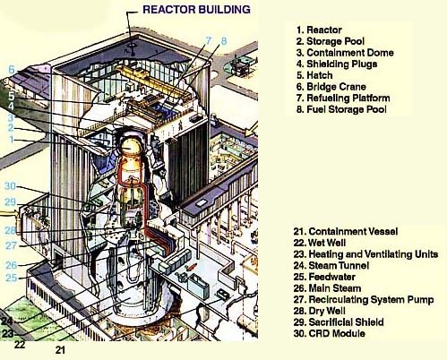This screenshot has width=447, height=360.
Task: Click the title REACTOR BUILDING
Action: pos(196,9)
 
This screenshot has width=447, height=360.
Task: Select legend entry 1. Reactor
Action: pos(319,30)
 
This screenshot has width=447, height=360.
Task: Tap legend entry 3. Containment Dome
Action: pos(345,53)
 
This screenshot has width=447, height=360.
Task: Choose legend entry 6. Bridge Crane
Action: pos(331,87)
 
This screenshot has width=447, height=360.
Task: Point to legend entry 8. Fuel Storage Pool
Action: pos(341,109)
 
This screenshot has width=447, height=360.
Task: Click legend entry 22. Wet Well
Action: pos(320,243)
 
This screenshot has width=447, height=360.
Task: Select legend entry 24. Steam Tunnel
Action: pos(331,265)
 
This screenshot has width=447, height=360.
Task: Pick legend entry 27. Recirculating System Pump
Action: pos(364,299)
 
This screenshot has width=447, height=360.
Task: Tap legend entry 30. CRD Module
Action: pos(329,333)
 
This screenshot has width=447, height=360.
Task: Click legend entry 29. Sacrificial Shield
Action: pos(339,321)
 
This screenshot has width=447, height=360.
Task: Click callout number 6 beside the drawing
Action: pos(12,70)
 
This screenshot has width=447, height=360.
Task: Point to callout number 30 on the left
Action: pos(10,186)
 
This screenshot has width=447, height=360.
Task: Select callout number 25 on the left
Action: pos(12,278)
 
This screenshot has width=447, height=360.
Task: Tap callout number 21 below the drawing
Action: pos(60,350)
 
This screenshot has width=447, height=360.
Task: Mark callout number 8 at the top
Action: pos(224,41)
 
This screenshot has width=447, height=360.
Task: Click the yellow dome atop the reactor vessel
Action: pos(129,146)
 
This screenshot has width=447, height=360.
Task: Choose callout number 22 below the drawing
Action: pos(20,345)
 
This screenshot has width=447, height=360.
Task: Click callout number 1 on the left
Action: pos(12,140)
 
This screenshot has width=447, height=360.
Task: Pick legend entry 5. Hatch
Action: pos(314,75)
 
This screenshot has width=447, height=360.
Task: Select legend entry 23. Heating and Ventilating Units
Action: pos(365,253)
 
